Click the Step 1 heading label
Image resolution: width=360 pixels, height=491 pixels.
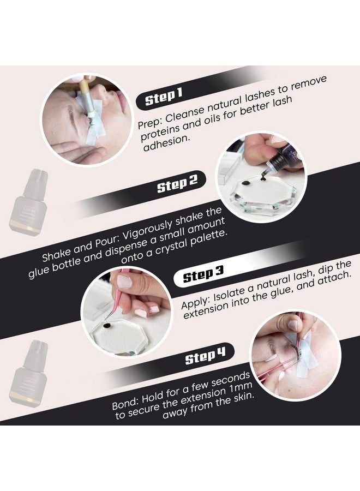[x=163, y=96]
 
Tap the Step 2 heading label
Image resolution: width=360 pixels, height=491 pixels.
[x=177, y=183]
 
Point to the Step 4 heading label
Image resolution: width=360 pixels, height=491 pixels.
[x=205, y=356]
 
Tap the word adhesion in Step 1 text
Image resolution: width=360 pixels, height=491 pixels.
[x=166, y=142]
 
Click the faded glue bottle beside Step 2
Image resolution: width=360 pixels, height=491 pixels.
[x=28, y=201]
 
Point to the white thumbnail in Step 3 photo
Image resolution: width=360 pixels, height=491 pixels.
[x=124, y=281]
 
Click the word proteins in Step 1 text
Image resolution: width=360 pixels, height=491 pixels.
[x=159, y=132]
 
